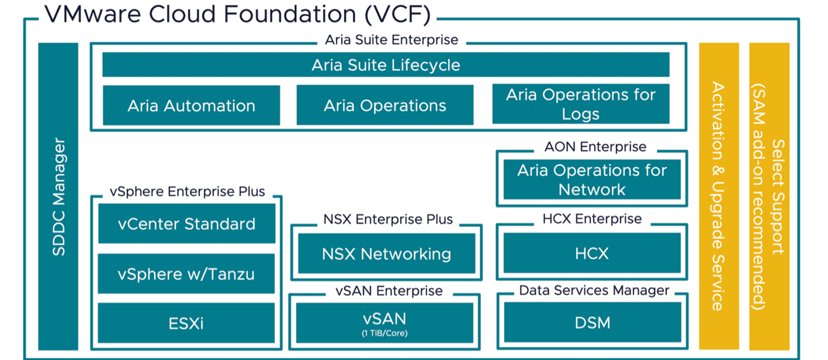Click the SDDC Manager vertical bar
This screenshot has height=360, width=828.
pyautogui.click(x=58, y=196)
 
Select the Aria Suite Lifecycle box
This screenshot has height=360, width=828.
pyautogui.click(x=386, y=65)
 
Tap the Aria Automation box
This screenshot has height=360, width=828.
pyautogui.click(x=191, y=106)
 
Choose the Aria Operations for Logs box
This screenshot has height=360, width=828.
pyautogui.click(x=581, y=104)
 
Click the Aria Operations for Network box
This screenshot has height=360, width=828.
pyautogui.click(x=592, y=180)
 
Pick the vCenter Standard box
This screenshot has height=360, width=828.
pyautogui.click(x=187, y=223)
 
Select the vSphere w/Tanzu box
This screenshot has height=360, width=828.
pyautogui.click(x=186, y=274)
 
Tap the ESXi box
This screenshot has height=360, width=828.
pyautogui.click(x=186, y=323)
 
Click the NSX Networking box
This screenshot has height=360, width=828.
pyautogui.click(x=386, y=254)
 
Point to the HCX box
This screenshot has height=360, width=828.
pyautogui.click(x=592, y=253)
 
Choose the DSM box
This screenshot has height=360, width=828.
pyautogui.click(x=592, y=322)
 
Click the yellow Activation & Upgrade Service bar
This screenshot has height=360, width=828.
pyautogui.click(x=719, y=196)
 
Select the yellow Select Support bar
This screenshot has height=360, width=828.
pyautogui.click(x=769, y=196)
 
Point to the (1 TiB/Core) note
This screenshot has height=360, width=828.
pyautogui.click(x=385, y=333)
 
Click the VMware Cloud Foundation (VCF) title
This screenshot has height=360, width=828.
pyautogui.click(x=237, y=15)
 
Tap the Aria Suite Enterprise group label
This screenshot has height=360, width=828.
pyautogui.click(x=392, y=40)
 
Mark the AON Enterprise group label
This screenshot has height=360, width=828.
pyautogui.click(x=595, y=147)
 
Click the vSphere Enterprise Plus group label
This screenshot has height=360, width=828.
pyautogui.click(x=187, y=192)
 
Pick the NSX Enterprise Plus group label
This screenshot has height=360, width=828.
pyautogui.click(x=388, y=219)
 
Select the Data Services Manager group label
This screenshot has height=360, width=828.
pyautogui.click(x=594, y=291)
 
